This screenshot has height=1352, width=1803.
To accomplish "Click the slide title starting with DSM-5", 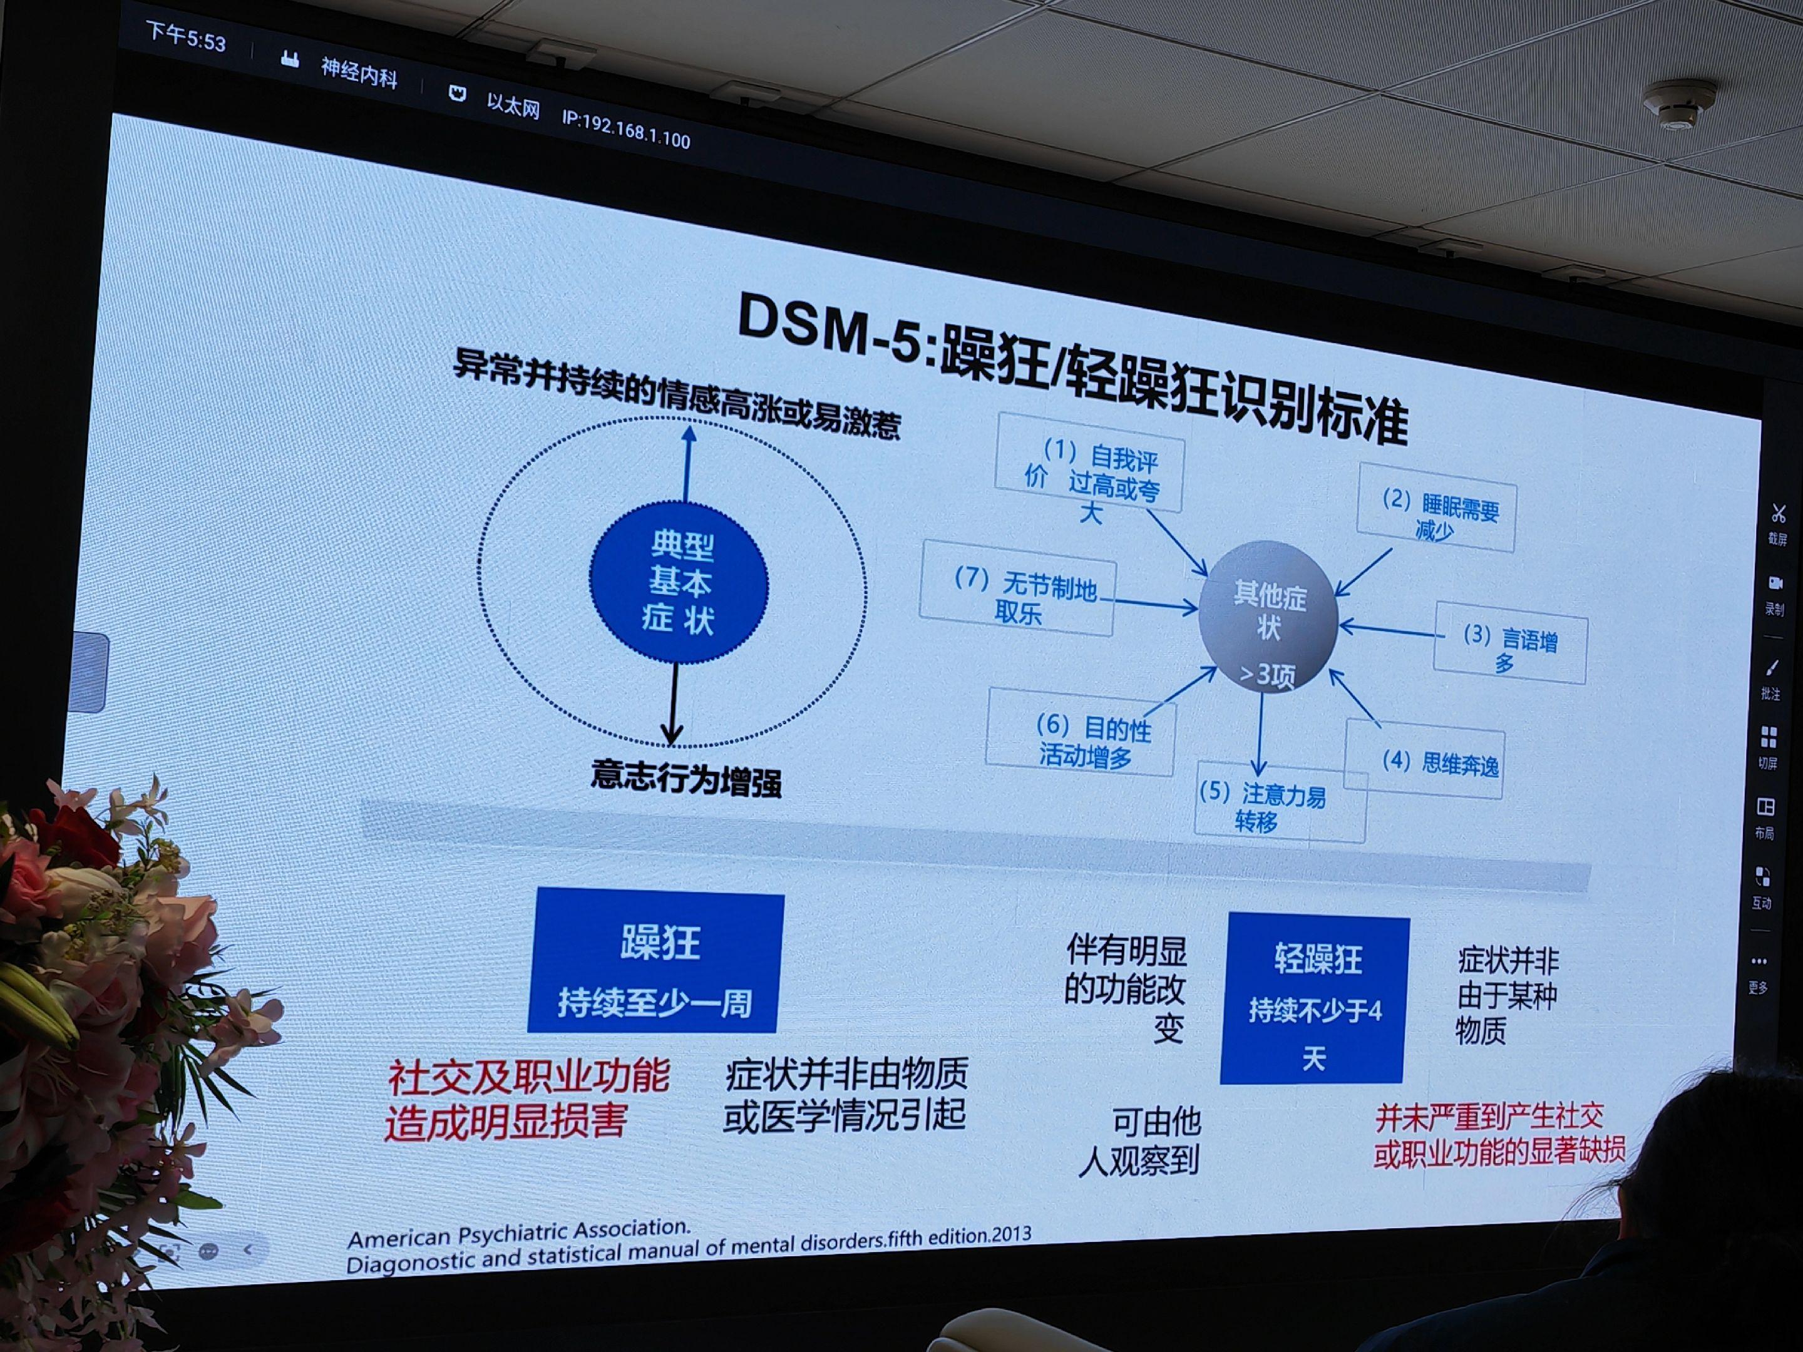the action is point(1072,368).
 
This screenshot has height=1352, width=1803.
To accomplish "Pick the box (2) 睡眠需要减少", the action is point(1436,508).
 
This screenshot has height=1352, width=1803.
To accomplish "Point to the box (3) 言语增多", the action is point(1509,643).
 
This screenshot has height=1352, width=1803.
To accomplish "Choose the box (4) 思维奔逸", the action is point(1423,759).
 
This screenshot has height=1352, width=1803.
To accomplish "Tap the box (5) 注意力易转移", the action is point(1280,802).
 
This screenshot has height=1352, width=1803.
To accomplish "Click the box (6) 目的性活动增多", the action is point(1081,732).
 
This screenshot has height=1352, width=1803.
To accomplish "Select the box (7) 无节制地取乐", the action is point(1017,586).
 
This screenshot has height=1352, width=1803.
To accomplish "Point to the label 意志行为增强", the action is point(686,778).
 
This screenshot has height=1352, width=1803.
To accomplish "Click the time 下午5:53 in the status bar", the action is point(186,35).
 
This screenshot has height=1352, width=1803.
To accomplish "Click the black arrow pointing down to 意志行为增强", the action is point(672,704).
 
